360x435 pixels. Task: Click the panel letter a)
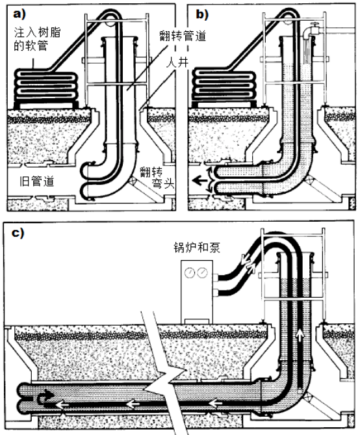point(19,14)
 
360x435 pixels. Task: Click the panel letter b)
point(202,14)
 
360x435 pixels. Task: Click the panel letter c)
point(18,233)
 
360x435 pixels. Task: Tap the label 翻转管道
point(183,36)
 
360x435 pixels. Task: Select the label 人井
point(177,62)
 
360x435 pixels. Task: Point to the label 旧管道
point(37,181)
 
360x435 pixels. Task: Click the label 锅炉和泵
point(197,247)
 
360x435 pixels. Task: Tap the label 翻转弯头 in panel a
point(157,178)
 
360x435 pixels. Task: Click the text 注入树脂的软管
point(37,39)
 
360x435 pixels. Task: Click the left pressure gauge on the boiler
point(190,272)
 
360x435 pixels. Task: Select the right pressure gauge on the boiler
point(203,272)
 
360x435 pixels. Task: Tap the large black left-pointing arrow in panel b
point(199,181)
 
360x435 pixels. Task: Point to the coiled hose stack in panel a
point(46,88)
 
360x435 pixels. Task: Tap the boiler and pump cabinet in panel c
point(197,292)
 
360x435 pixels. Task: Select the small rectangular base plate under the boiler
point(197,321)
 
